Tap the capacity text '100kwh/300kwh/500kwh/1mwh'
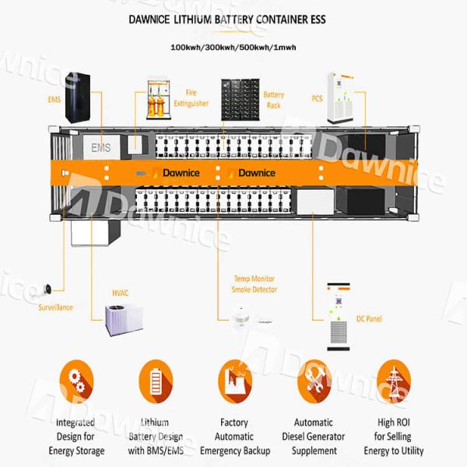[x=233, y=47]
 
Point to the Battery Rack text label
[x=273, y=100]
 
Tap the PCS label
[x=317, y=99]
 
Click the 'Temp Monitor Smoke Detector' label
[x=254, y=283]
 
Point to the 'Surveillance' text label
[x=55, y=307]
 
